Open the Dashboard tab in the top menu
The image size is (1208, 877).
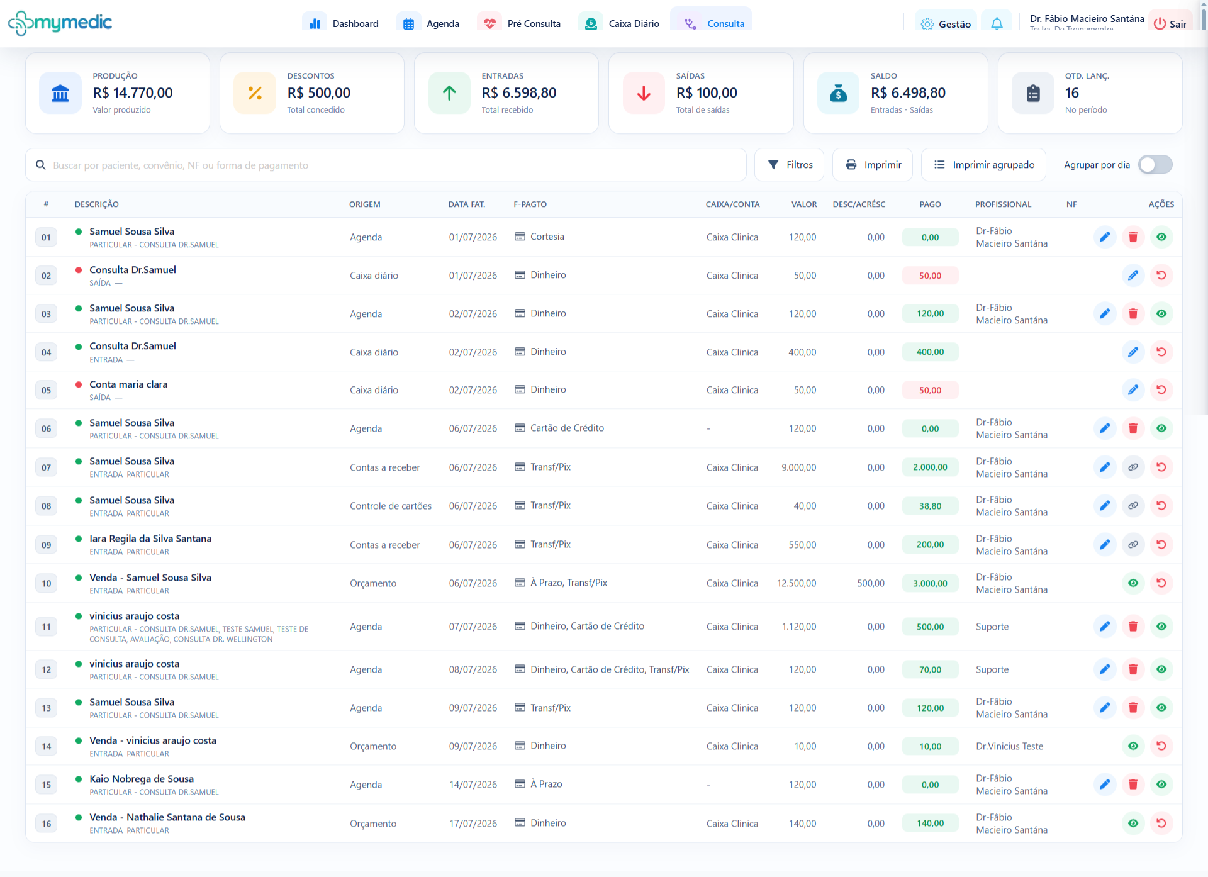342,23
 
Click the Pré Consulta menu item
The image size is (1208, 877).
520,23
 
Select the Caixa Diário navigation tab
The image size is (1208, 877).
620,23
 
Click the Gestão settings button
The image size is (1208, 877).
946,24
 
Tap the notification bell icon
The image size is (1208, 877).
997,24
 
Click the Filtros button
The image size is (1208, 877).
790,165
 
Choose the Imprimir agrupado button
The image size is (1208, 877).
983,165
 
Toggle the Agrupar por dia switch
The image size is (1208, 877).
1155,165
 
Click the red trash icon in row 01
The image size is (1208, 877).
1133,237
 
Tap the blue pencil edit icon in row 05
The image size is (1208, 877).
1133,390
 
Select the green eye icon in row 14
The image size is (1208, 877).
1133,746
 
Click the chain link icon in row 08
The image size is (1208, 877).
1133,506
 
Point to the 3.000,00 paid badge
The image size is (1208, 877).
930,583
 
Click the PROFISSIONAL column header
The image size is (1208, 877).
1003,204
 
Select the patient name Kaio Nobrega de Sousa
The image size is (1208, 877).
142,779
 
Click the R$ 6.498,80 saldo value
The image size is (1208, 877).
908,93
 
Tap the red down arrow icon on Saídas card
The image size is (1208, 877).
644,93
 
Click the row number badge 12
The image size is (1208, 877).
47,669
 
